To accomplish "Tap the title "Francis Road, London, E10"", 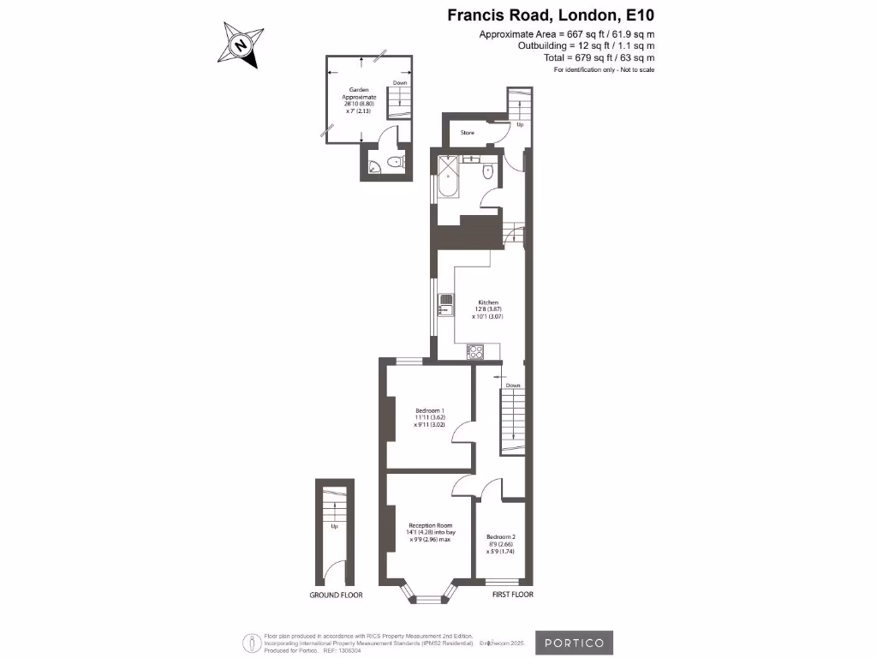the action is pos(551,15).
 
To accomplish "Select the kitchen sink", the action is pos(445,301).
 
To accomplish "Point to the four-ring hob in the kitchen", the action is pos(475,351).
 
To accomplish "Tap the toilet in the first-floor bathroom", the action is pos(487,171).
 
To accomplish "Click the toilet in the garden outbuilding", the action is pos(395,162).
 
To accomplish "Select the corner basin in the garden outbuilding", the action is pos(374,168).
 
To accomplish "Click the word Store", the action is pos(468,133).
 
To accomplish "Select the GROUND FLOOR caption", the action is pos(336,595).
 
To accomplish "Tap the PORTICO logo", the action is pos(575,643).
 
